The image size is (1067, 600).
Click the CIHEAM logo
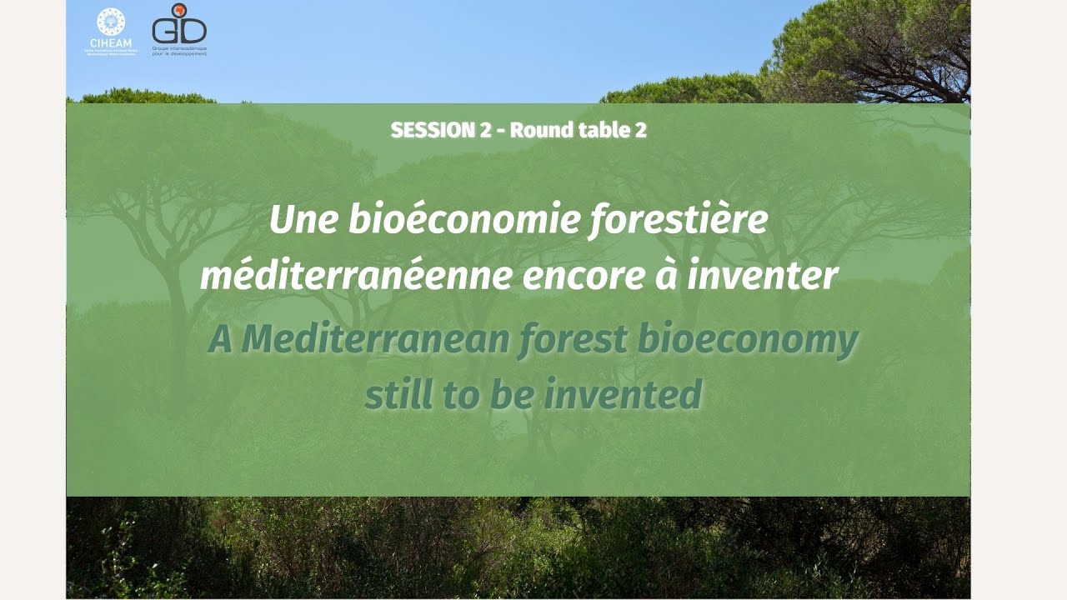(x=111, y=31)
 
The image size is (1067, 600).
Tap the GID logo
(x=178, y=28)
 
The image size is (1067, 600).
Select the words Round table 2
(x=578, y=130)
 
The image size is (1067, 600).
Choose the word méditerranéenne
(x=356, y=277)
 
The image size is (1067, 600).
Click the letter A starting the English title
(x=220, y=340)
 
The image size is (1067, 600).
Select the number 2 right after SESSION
(x=485, y=130)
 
